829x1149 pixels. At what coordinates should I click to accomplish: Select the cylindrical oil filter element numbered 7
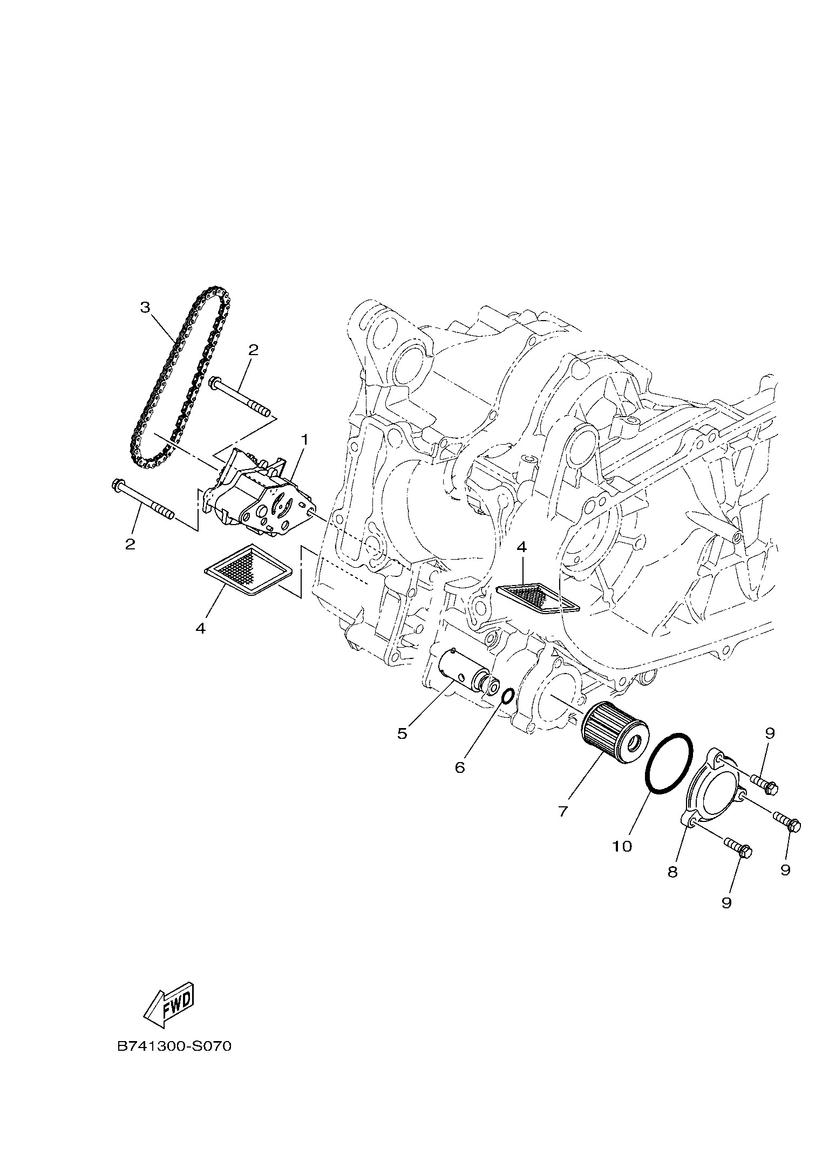coord(615,731)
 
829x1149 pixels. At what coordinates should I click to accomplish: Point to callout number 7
coord(563,826)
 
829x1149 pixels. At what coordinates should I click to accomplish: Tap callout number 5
coord(402,733)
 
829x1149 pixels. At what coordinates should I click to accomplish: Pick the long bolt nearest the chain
coord(241,398)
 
